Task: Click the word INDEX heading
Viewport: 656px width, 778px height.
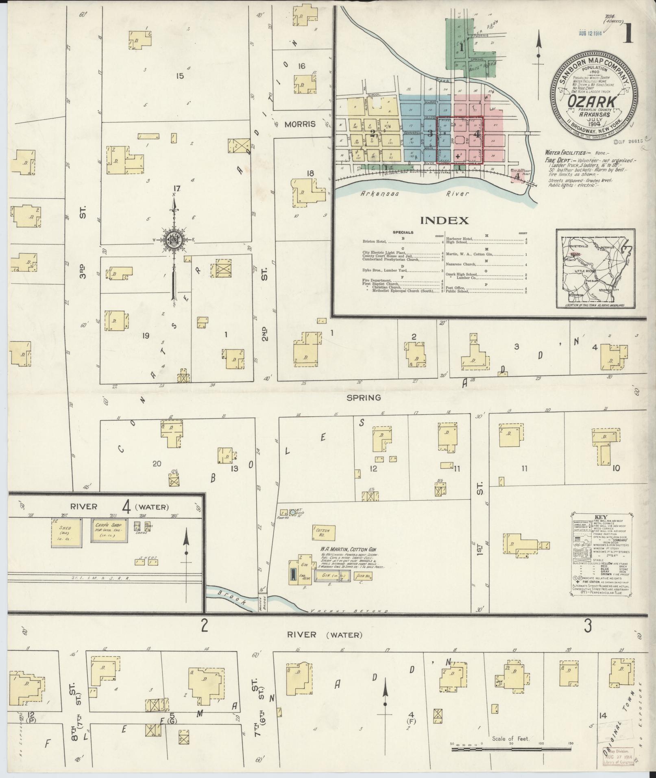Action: coord(444,221)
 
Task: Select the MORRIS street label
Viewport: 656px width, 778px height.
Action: coord(300,124)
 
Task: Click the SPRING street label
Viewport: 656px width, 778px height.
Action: coord(364,398)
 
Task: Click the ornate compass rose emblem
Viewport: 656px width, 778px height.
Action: coord(174,240)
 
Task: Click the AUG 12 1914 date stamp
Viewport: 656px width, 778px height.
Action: coord(590,34)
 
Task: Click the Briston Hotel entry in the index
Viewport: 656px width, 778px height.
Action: coord(373,242)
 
